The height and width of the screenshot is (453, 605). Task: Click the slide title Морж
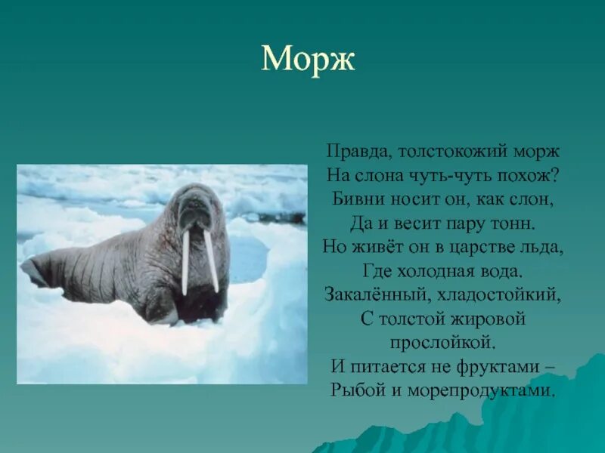308,59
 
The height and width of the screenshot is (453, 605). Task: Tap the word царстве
482,247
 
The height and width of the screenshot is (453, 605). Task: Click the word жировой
489,319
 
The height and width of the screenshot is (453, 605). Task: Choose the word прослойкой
442,344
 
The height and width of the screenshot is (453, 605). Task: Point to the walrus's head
194,208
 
